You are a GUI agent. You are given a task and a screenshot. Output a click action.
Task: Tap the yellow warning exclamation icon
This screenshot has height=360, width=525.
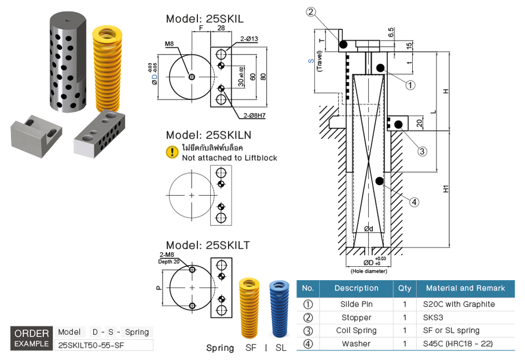[172, 152]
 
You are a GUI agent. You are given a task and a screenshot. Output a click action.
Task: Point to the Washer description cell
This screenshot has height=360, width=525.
[356, 344]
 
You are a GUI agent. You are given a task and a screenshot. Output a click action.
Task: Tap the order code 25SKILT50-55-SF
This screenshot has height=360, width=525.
[91, 345]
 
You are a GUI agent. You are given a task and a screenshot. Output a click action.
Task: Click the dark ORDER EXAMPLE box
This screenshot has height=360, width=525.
[32, 339]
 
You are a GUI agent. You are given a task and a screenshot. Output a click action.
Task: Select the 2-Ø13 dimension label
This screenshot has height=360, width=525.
[249, 39]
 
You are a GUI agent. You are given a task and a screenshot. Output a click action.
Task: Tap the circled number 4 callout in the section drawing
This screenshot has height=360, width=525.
[414, 202]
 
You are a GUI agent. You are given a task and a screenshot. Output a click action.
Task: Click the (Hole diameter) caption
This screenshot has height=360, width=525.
[368, 271]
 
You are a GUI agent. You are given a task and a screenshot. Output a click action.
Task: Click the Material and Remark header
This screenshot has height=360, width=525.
[465, 288]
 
